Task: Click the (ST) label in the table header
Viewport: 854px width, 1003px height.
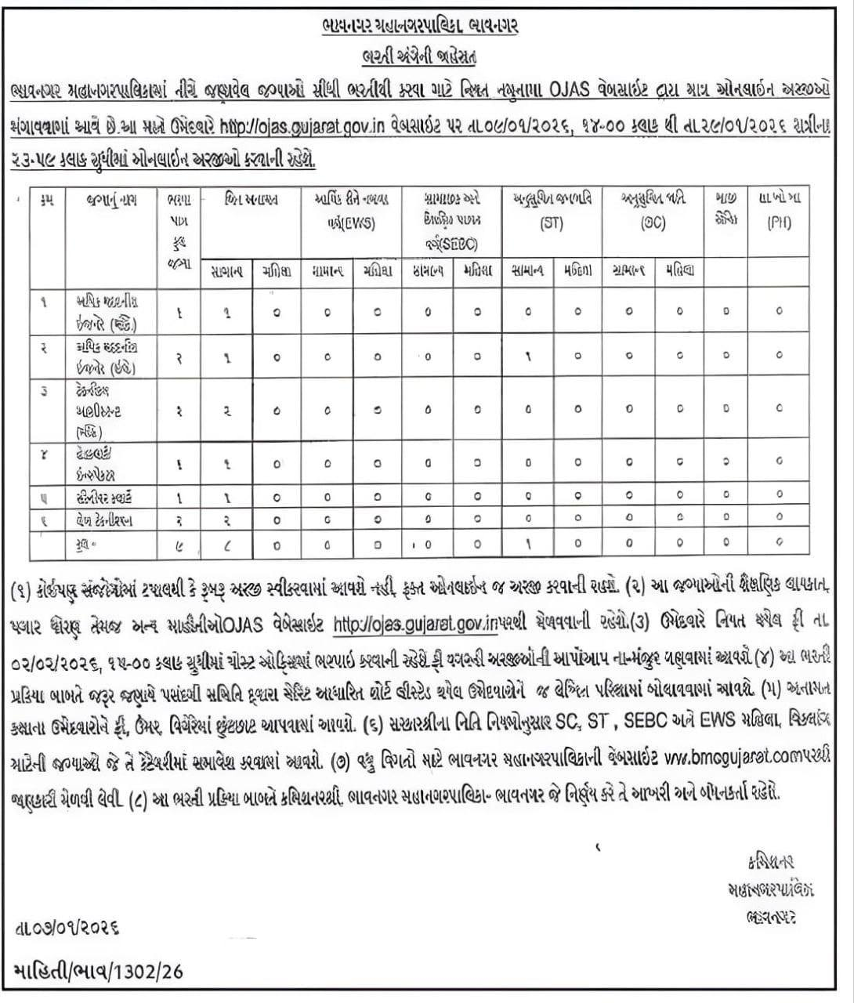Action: tap(552, 223)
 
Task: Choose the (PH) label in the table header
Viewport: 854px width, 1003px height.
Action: tap(779, 223)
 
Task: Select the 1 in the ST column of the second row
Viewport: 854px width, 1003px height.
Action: tap(529, 354)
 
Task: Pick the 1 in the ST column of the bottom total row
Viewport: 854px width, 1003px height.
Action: tap(529, 543)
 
